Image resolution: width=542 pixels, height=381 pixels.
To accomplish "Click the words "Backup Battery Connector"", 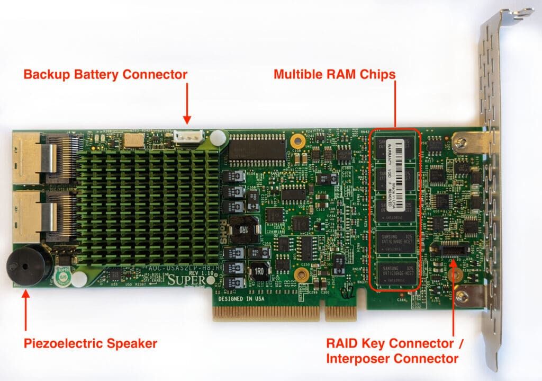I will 105,74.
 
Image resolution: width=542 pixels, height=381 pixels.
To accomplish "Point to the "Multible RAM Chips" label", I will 335,74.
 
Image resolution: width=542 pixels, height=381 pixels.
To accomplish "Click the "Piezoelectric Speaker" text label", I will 91,343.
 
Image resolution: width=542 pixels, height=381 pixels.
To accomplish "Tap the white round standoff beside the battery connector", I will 216,139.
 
